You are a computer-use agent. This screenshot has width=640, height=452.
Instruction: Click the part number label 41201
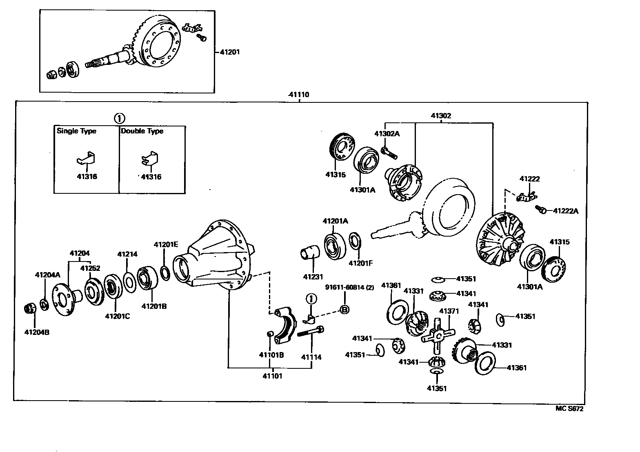click(230, 52)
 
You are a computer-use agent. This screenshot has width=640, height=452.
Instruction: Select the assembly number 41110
click(298, 95)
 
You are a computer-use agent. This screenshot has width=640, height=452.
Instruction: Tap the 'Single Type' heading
click(76, 131)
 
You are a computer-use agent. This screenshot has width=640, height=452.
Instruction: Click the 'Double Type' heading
click(142, 131)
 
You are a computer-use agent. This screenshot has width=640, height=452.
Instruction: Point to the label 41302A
click(387, 133)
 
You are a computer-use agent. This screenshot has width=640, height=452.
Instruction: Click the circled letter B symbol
click(344, 310)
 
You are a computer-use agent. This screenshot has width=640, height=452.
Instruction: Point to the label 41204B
click(37, 332)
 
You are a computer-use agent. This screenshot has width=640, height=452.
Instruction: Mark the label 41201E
click(166, 244)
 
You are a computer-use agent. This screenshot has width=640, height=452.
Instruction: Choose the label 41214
click(127, 254)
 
